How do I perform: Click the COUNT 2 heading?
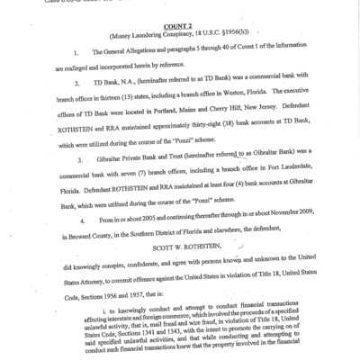point(179,28)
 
